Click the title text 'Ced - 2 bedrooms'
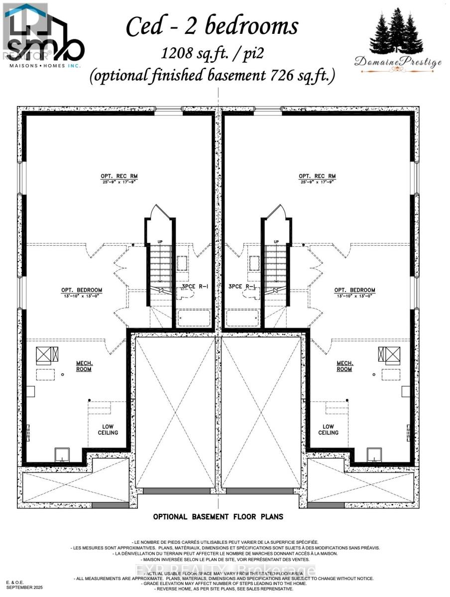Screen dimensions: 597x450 coord(212,26)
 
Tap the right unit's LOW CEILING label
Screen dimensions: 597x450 coord(328,429)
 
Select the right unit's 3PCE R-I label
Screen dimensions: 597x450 coord(242,287)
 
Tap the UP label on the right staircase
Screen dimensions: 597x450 coord(276,241)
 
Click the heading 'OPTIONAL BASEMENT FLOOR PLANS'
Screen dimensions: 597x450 coord(218,517)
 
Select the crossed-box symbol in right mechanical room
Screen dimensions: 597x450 coord(389,354)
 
